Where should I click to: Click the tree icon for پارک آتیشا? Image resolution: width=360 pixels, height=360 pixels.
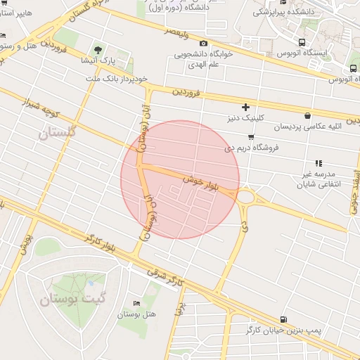tap(98, 50)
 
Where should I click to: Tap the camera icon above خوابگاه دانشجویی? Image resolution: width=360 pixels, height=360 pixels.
tap(204, 44)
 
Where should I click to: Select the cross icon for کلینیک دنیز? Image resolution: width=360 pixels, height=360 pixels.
tap(245, 107)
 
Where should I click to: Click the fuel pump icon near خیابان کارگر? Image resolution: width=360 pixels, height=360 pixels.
tap(283, 319)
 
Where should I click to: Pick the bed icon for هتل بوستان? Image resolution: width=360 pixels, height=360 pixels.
tap(136, 303)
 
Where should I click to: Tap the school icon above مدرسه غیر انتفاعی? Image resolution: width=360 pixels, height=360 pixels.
tap(319, 163)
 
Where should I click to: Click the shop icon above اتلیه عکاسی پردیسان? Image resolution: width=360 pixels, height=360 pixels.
tap(307, 116)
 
